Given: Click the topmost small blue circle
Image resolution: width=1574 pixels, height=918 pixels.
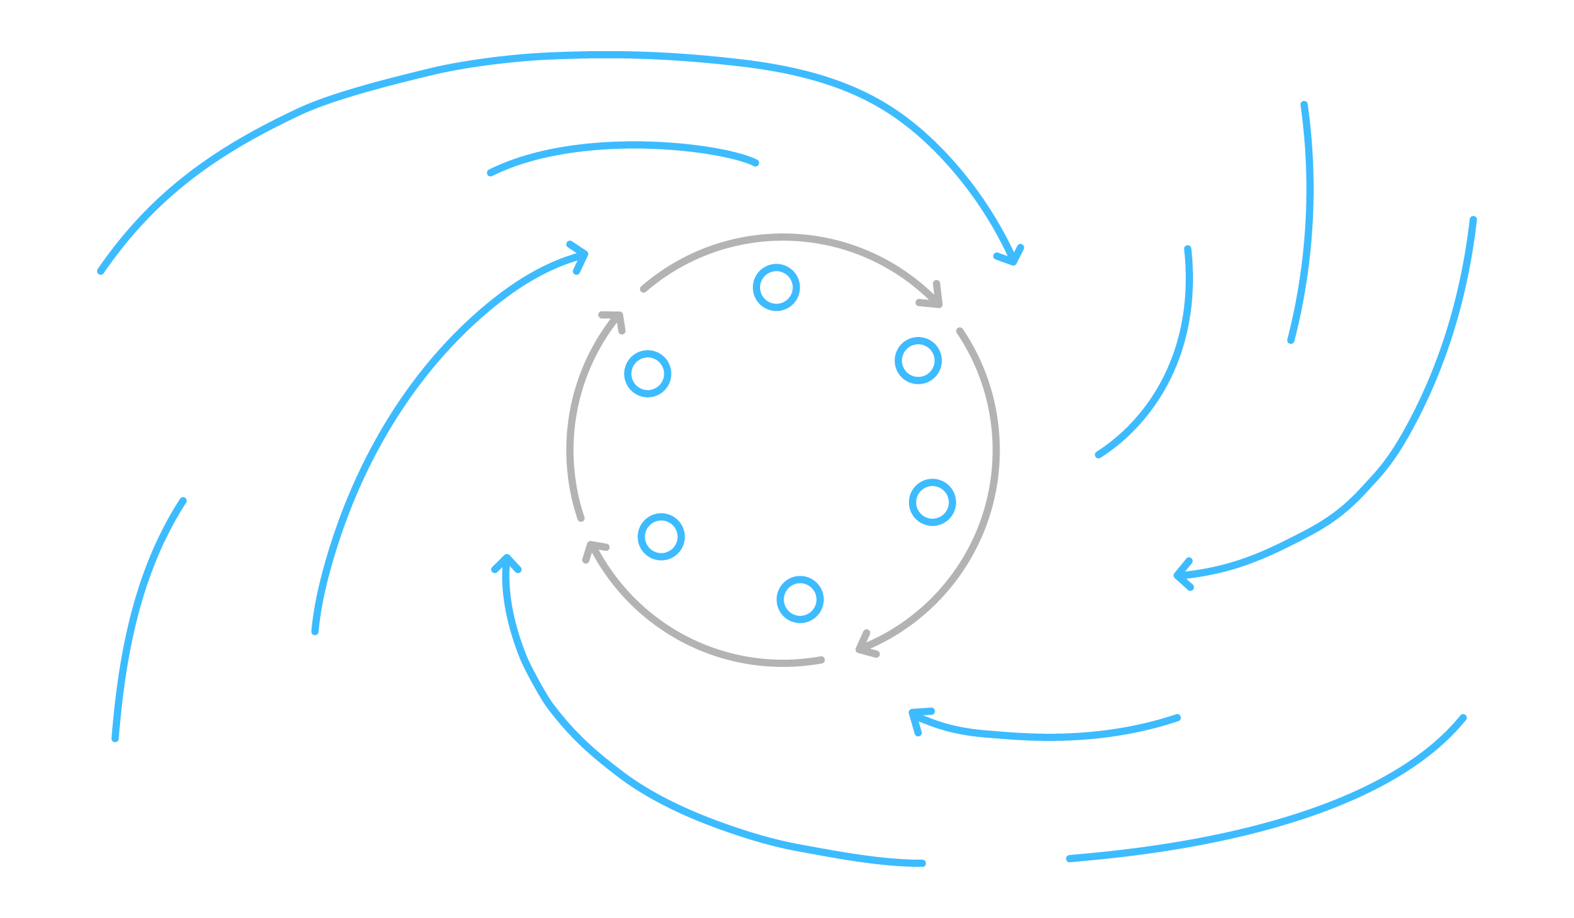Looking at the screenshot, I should (x=777, y=287).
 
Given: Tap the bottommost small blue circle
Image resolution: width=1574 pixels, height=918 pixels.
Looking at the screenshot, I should (x=800, y=599).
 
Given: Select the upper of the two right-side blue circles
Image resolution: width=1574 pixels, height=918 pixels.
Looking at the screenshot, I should (x=918, y=361).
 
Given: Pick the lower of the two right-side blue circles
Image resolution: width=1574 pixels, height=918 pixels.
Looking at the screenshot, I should (x=932, y=502).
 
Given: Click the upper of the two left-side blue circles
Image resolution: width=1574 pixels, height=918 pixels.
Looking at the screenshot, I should (x=647, y=374).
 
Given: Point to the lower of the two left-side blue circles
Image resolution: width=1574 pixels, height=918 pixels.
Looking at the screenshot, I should (x=661, y=537).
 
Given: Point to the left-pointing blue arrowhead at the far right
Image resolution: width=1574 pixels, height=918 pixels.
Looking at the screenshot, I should (x=1180, y=574).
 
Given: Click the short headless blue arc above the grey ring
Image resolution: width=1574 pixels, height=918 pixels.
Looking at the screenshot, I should (x=623, y=146).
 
